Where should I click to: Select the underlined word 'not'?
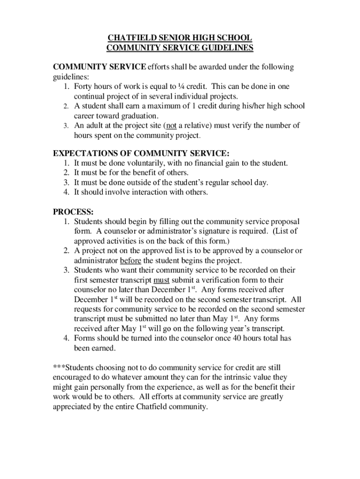[x=171, y=125]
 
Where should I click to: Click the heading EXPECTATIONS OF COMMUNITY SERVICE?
[x=141, y=153]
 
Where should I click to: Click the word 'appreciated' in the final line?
[x=73, y=406]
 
